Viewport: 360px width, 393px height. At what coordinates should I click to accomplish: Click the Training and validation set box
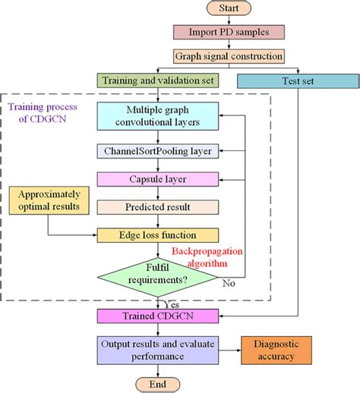tap(158, 80)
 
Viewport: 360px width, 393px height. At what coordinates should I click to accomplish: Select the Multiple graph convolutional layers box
tap(158, 116)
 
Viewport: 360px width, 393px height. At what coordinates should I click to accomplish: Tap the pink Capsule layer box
tap(158, 178)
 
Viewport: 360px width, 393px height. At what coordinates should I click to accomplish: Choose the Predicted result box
tap(158, 206)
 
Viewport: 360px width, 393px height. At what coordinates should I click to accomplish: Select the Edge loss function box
tap(158, 234)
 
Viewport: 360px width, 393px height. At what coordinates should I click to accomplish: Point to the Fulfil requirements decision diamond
tap(158, 273)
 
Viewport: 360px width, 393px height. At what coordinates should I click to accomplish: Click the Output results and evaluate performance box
tap(158, 349)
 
